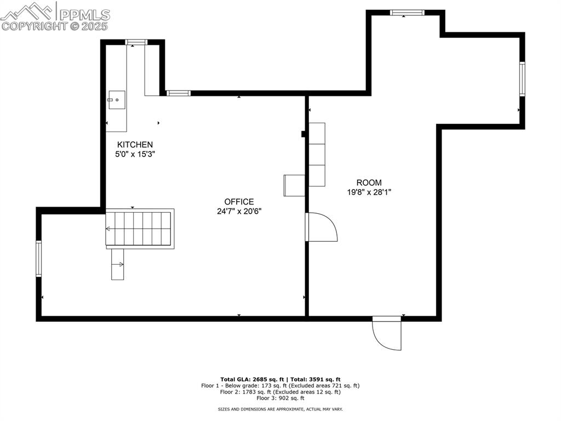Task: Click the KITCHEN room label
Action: point(134,145)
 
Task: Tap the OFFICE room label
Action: point(239,202)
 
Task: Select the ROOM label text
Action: point(369,183)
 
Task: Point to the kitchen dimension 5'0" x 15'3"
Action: point(134,155)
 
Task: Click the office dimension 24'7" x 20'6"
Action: point(239,211)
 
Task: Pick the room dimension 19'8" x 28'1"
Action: point(369,192)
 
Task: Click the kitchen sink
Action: point(117,100)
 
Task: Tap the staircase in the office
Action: point(140,228)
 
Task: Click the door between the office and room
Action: point(320,227)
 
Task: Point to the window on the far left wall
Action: point(39,258)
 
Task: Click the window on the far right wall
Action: point(522,79)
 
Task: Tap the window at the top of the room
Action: point(407,12)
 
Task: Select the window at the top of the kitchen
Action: point(136,42)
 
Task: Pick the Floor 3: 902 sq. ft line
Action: point(280,399)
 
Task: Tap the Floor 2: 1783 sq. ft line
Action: point(280,392)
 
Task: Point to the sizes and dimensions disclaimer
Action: point(280,409)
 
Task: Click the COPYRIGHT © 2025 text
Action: point(55,26)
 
